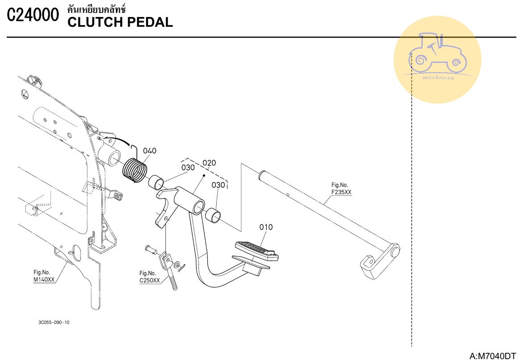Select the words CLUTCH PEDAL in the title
coord(120,22)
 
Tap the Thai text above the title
coord(96,9)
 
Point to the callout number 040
coord(149,151)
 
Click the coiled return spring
coord(135,170)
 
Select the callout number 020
coord(209,163)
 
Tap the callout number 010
coord(266,227)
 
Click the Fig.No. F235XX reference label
coord(341,188)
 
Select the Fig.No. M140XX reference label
coord(44,276)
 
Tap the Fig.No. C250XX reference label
coord(149,277)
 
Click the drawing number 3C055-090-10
coord(54,322)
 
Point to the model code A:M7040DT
coord(492,356)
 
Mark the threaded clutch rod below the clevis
coord(173,281)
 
